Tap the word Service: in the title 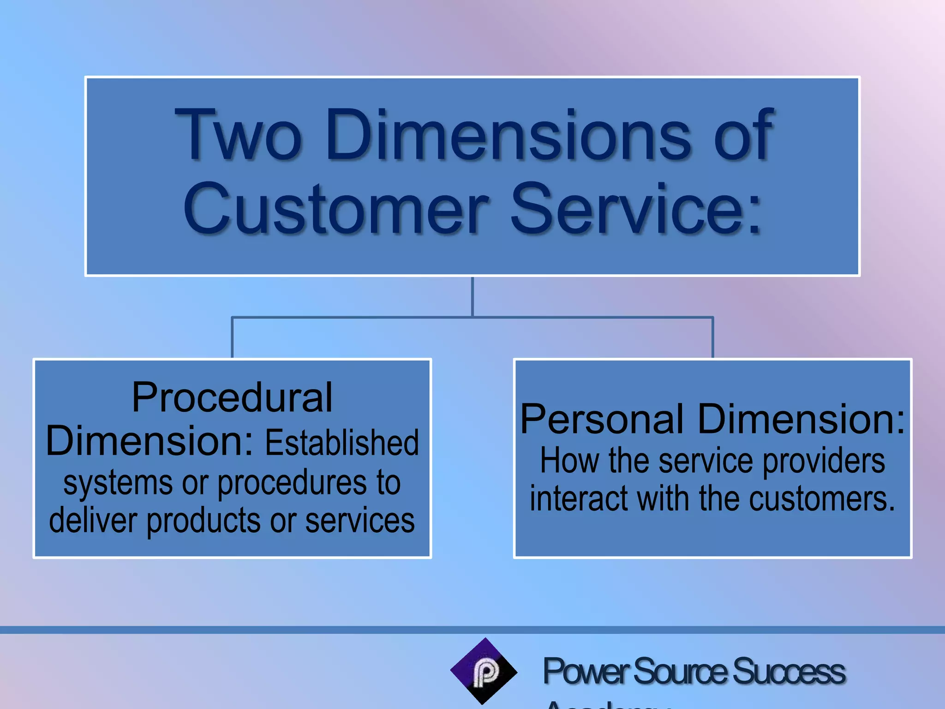pyautogui.click(x=635, y=208)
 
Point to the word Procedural pyautogui.click(x=232, y=397)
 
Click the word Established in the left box pyautogui.click(x=342, y=443)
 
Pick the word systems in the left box pyautogui.click(x=118, y=483)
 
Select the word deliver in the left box pyautogui.click(x=93, y=521)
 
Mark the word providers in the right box pyautogui.click(x=824, y=462)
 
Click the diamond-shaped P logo pyautogui.click(x=484, y=671)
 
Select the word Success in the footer pyautogui.click(x=788, y=672)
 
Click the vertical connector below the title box pyautogui.click(x=472, y=296)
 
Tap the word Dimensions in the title pyautogui.click(x=508, y=134)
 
